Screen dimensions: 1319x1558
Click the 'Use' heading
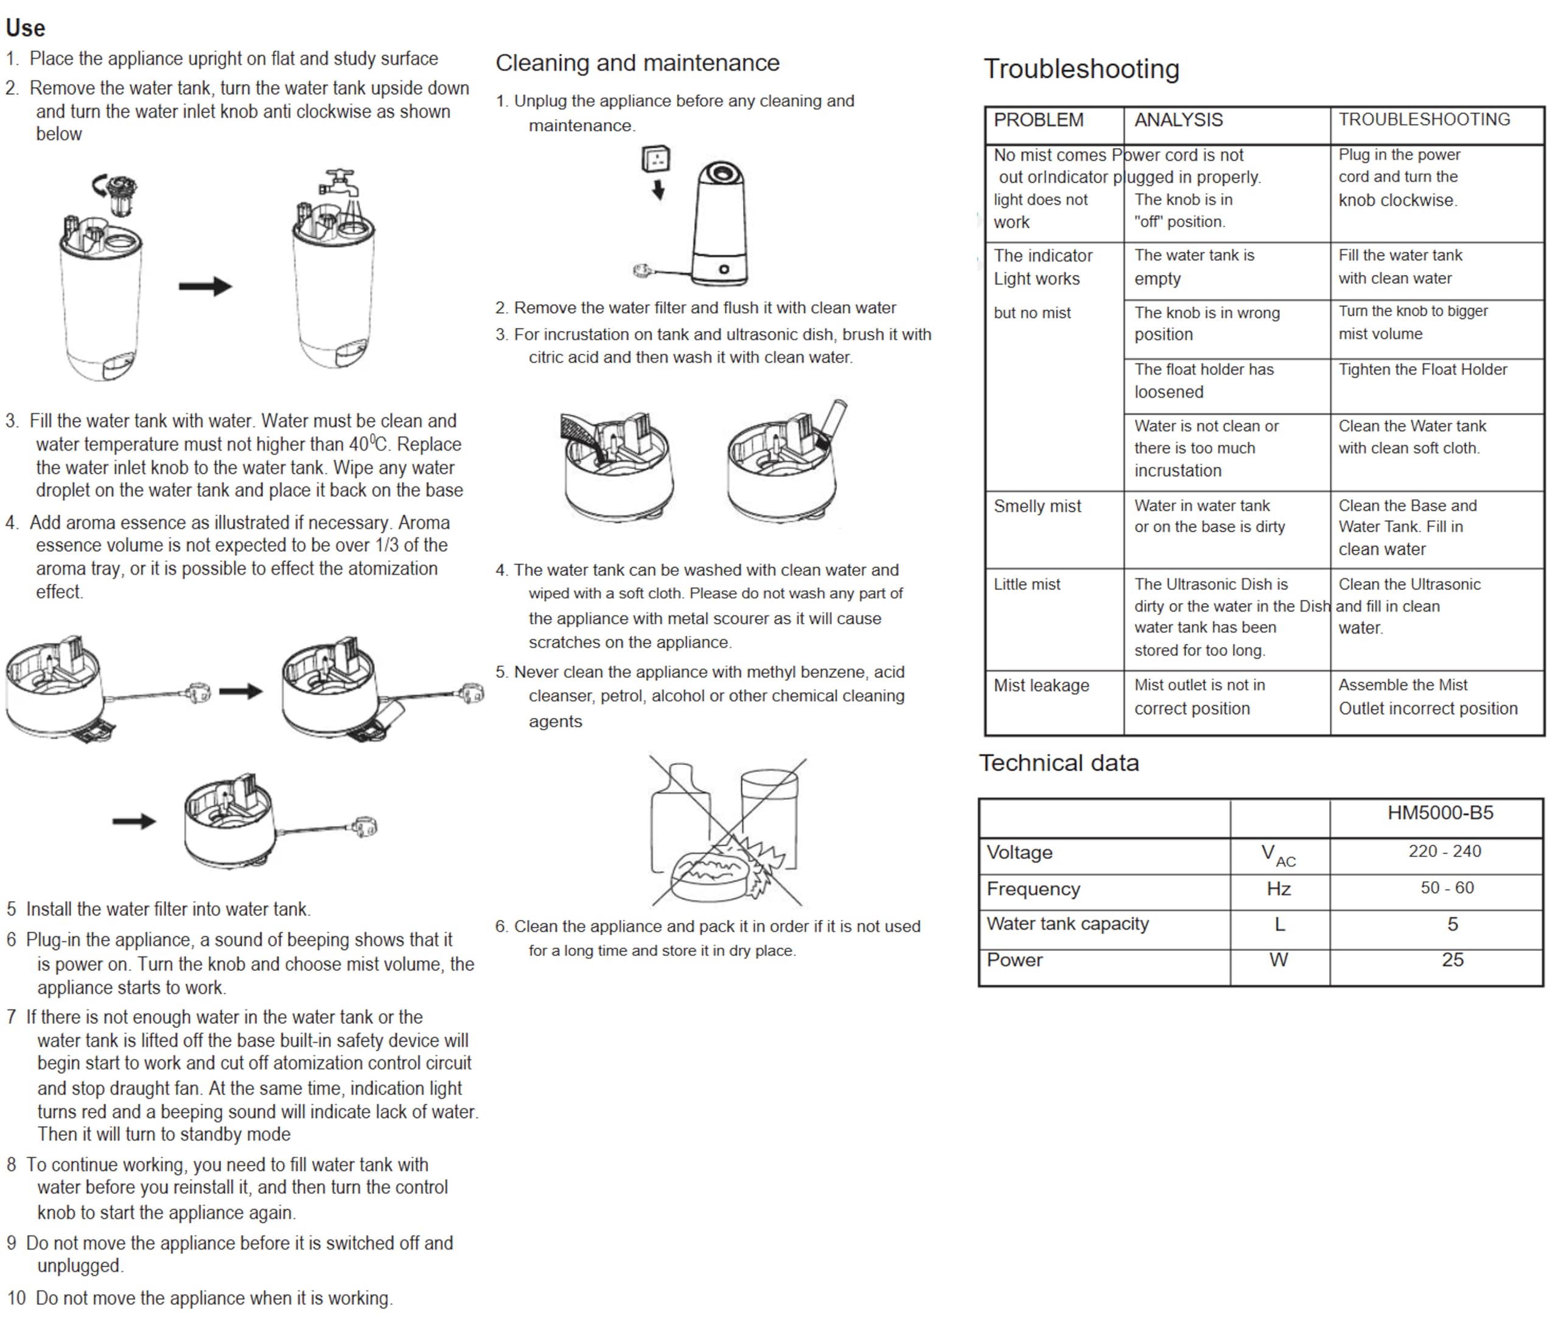click(x=26, y=29)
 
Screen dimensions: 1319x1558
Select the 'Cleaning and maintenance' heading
click(x=637, y=63)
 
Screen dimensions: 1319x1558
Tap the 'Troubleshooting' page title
click(x=1081, y=69)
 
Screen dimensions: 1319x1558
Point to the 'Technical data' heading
click(x=1058, y=763)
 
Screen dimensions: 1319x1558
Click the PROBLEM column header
click(x=1038, y=120)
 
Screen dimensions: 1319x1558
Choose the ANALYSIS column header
click(x=1178, y=120)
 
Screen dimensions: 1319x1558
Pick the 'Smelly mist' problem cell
click(x=1038, y=506)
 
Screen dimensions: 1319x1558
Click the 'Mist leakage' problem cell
click(x=1041, y=686)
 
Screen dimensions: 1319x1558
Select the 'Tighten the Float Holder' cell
click(x=1423, y=369)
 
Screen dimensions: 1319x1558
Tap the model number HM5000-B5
click(x=1440, y=813)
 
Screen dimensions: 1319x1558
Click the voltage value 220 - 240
click(x=1444, y=851)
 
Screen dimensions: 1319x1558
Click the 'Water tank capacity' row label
click(x=1067, y=924)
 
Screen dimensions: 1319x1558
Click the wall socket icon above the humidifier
click(x=656, y=159)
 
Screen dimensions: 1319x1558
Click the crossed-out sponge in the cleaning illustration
click(x=711, y=875)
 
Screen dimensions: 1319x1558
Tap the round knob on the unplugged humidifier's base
click(x=724, y=269)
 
